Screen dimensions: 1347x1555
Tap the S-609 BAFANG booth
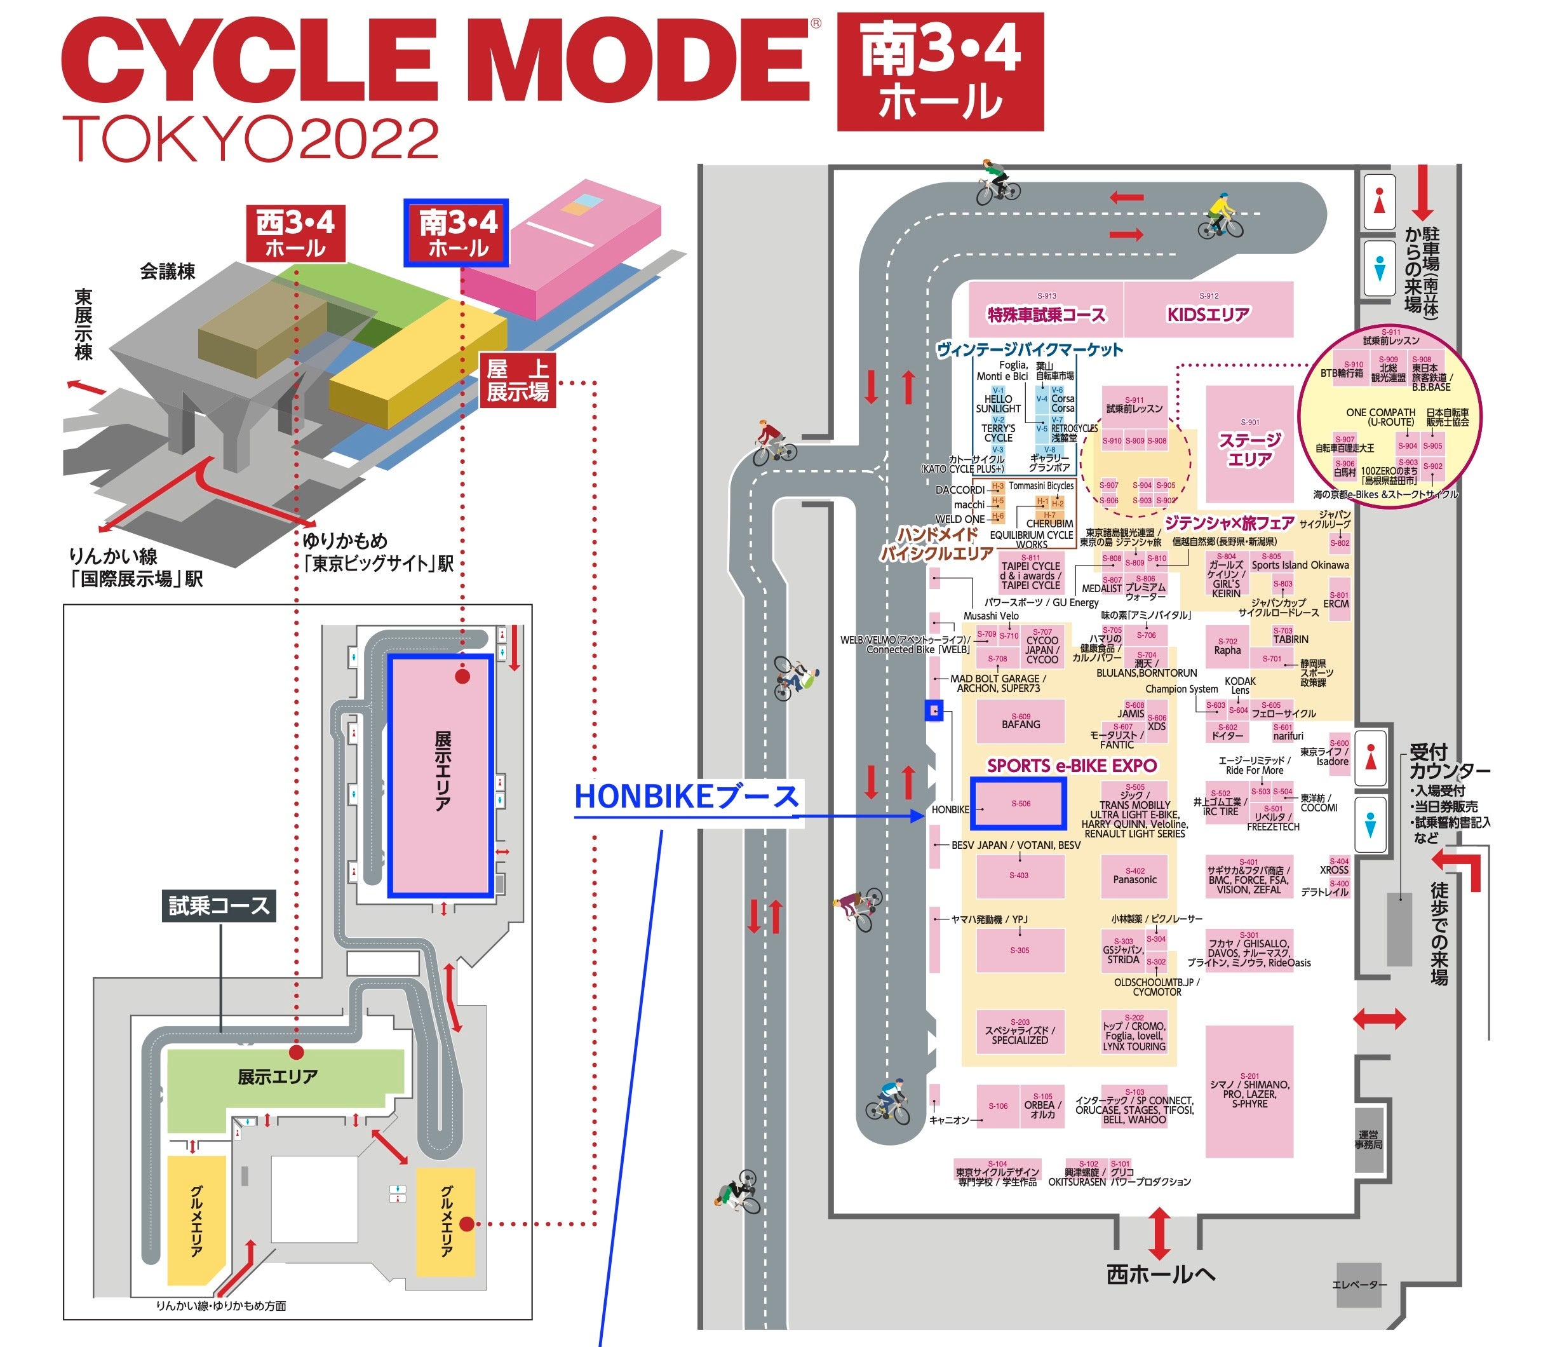pyautogui.click(x=1020, y=721)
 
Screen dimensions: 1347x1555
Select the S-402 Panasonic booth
pyautogui.click(x=1134, y=876)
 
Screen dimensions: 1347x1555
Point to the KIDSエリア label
pyautogui.click(x=1208, y=315)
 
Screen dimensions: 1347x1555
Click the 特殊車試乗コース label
pyautogui.click(x=1046, y=315)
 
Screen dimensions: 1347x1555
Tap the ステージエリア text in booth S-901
pyautogui.click(x=1250, y=449)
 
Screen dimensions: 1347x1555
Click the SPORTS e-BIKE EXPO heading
pyautogui.click(x=1071, y=765)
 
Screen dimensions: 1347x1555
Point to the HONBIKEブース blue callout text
pyautogui.click(x=685, y=797)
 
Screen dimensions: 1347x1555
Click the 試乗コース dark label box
pyautogui.click(x=219, y=906)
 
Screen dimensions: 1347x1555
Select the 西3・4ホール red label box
pyautogui.click(x=295, y=234)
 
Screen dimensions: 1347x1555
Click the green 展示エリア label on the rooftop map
pyautogui.click(x=278, y=1076)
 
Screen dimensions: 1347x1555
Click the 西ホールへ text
pyautogui.click(x=1160, y=1273)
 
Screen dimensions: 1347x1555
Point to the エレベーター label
pyautogui.click(x=1359, y=1285)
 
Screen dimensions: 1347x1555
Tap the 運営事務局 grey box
pyautogui.click(x=1369, y=1139)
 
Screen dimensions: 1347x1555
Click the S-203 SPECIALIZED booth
pyautogui.click(x=1019, y=1031)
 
